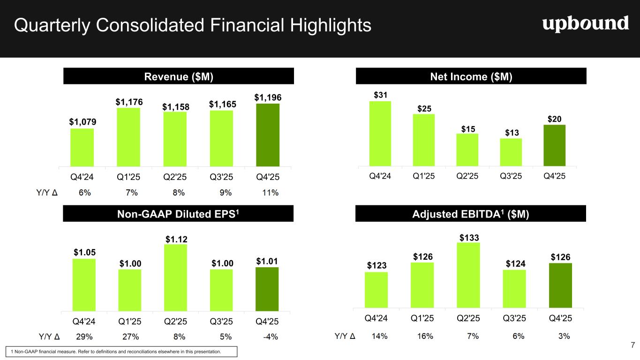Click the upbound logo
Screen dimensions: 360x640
pyautogui.click(x=585, y=23)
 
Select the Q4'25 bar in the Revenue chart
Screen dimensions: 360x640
pyautogui.click(x=268, y=135)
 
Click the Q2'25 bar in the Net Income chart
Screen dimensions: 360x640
pyautogui.click(x=467, y=150)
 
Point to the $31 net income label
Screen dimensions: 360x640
pyautogui.click(x=380, y=95)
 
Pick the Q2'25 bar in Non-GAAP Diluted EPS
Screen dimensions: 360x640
pyautogui.click(x=175, y=277)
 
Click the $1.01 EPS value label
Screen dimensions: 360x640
pyautogui.click(x=267, y=260)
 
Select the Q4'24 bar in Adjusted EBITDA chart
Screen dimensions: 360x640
pyautogui.click(x=376, y=290)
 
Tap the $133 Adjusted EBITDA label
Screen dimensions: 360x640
pyautogui.click(x=468, y=238)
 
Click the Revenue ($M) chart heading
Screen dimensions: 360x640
pyautogui.click(x=178, y=76)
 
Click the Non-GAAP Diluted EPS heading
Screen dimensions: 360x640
pyautogui.click(x=178, y=214)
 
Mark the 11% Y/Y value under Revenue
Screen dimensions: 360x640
pyautogui.click(x=271, y=193)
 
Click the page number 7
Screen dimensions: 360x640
pyautogui.click(x=632, y=345)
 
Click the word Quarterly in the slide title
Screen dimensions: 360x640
pyautogui.click(x=51, y=25)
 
